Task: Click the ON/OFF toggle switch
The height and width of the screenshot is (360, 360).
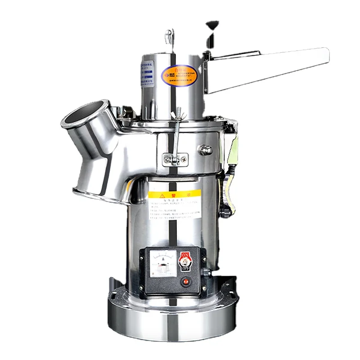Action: tap(184, 262)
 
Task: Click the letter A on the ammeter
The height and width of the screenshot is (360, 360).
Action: tap(164, 260)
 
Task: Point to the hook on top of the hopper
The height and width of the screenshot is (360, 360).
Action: tap(170, 36)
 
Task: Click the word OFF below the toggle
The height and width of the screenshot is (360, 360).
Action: tap(184, 269)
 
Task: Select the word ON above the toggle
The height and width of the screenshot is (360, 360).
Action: tap(184, 255)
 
